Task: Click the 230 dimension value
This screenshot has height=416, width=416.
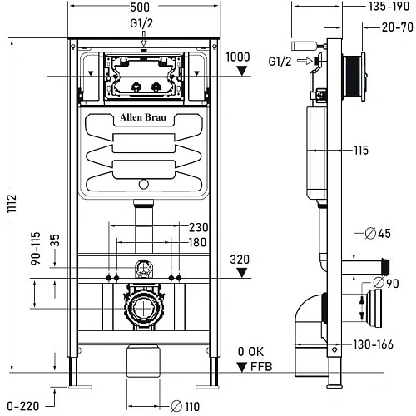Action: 199,226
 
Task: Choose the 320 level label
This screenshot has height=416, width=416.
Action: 239,260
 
